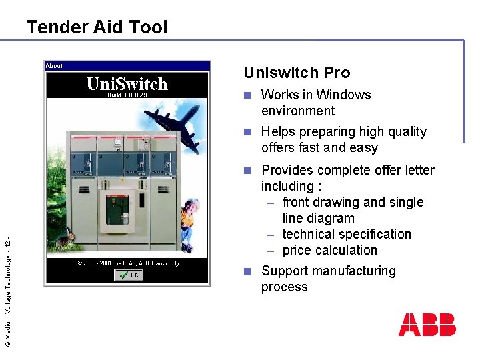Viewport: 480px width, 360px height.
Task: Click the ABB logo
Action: point(427,325)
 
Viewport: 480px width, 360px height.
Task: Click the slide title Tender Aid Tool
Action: point(97,27)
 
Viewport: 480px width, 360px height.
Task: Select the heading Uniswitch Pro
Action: point(297,73)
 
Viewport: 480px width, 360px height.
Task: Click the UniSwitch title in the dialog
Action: point(127,85)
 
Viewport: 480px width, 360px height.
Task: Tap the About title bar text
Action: point(54,66)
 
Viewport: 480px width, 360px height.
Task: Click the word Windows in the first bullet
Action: point(343,95)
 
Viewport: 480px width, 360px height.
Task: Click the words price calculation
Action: point(329,250)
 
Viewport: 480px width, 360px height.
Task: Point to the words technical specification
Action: point(347,234)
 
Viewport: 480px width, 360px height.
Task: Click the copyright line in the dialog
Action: point(127,263)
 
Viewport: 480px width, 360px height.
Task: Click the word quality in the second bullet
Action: point(402,131)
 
